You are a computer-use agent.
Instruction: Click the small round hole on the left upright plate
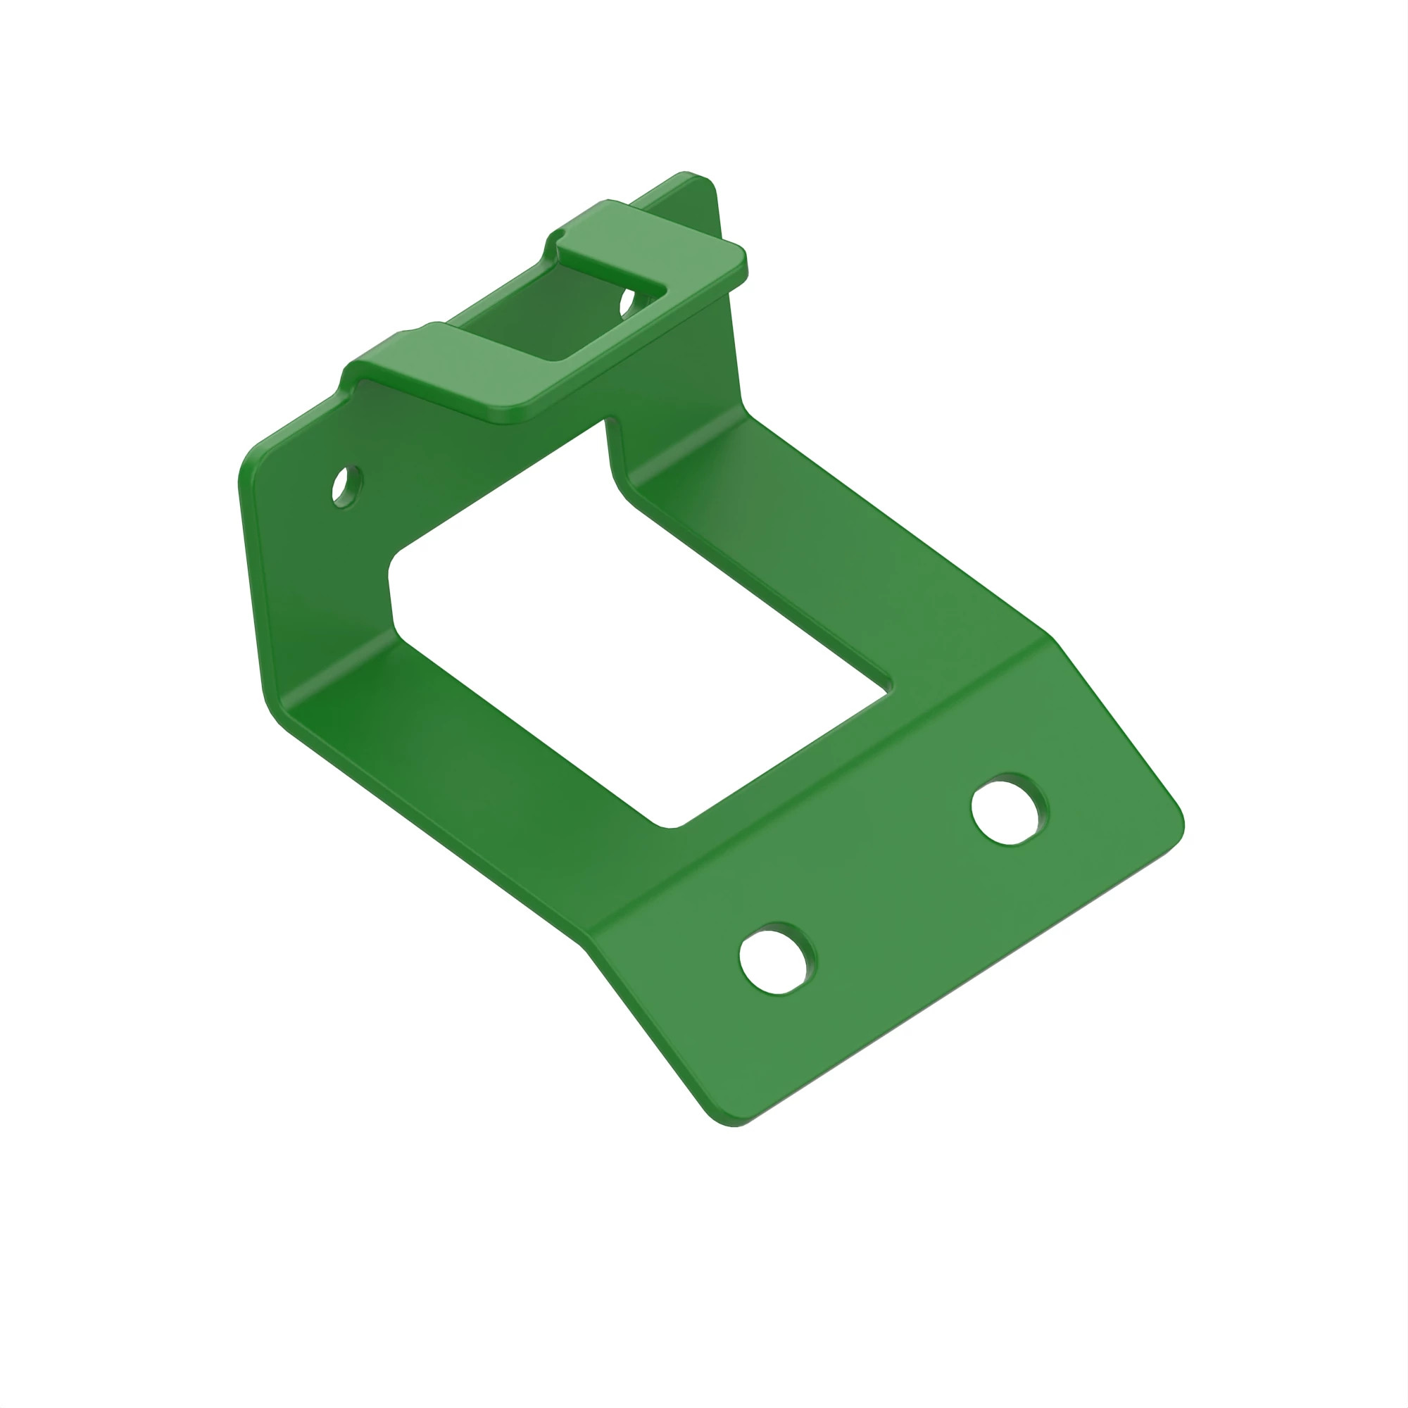click(x=347, y=486)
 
